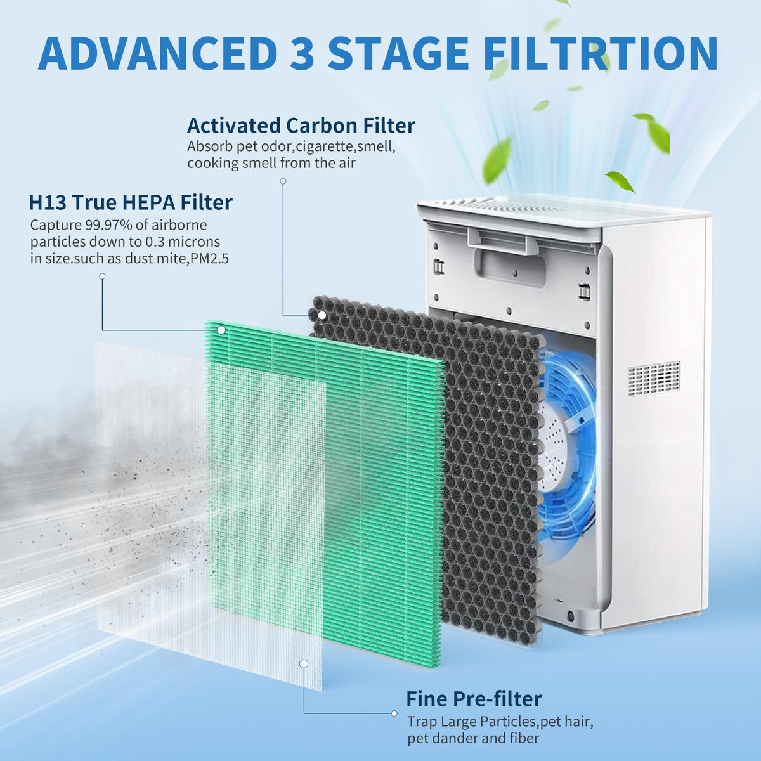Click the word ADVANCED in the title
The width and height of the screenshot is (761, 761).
pyautogui.click(x=157, y=53)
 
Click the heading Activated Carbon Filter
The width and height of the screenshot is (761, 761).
pyautogui.click(x=301, y=126)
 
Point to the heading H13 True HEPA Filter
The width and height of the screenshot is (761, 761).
pyautogui.click(x=131, y=202)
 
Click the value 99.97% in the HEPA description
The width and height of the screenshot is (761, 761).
pyautogui.click(x=108, y=224)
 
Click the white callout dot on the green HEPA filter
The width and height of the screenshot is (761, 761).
pyautogui.click(x=221, y=330)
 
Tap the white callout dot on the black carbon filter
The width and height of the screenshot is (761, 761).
pyautogui.click(x=322, y=315)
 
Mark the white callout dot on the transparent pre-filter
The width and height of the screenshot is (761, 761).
pyautogui.click(x=304, y=664)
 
